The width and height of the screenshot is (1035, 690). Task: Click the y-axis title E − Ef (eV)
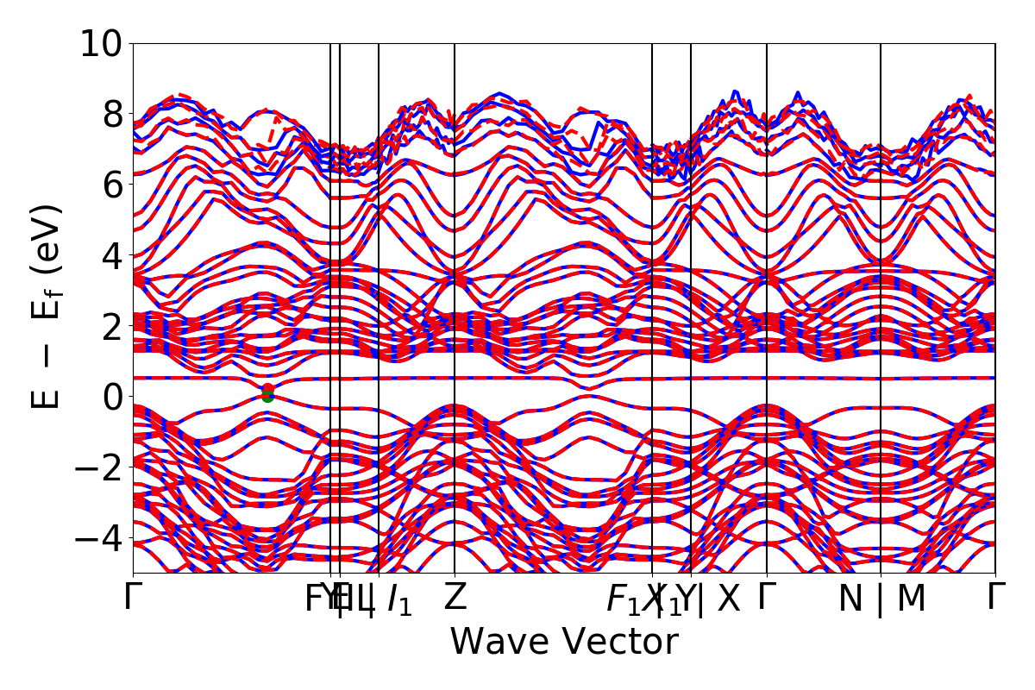click(x=47, y=306)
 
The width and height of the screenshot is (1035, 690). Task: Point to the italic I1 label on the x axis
click(x=398, y=599)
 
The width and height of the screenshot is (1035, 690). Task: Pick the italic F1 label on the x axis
click(x=623, y=599)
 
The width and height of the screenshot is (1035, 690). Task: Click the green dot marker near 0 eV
click(x=267, y=398)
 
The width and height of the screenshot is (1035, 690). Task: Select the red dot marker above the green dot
click(x=267, y=390)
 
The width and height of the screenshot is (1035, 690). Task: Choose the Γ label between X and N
click(x=764, y=598)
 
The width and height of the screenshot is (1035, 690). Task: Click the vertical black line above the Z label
click(x=455, y=259)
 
